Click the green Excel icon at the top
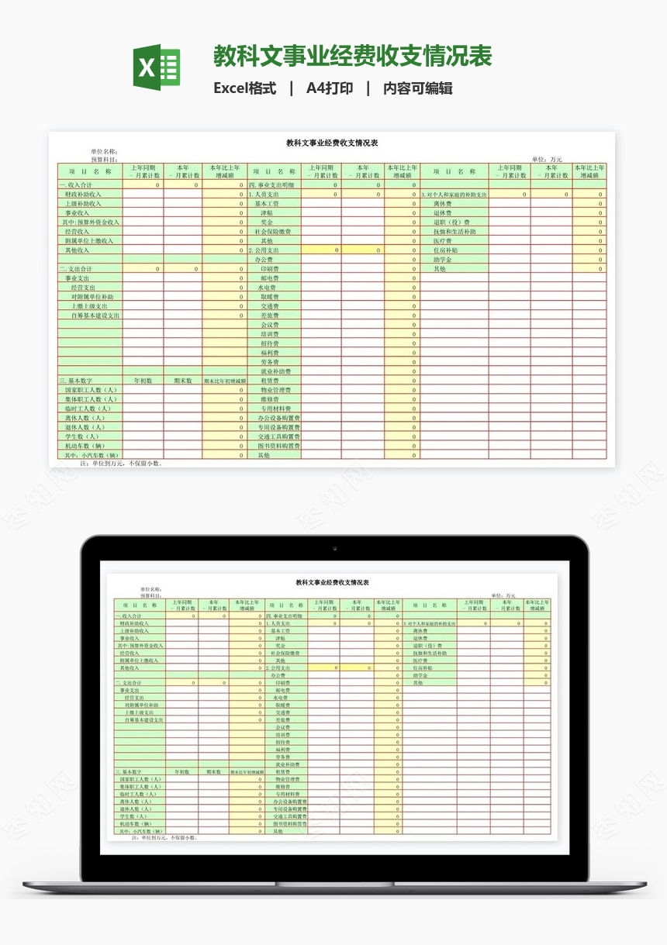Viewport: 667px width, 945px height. coord(157,67)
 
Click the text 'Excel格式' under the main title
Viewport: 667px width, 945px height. coord(244,88)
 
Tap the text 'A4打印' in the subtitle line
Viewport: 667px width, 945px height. coord(330,88)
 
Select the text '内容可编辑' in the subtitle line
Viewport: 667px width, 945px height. coord(418,88)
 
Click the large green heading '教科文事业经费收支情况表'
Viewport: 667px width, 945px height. coord(353,57)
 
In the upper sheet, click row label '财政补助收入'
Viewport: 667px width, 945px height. coord(83,195)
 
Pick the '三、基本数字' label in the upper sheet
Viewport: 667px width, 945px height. coord(76,381)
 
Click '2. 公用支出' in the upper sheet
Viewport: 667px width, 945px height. coord(264,250)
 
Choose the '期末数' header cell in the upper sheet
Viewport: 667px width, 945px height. coord(183,381)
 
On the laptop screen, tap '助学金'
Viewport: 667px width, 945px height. coord(421,675)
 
